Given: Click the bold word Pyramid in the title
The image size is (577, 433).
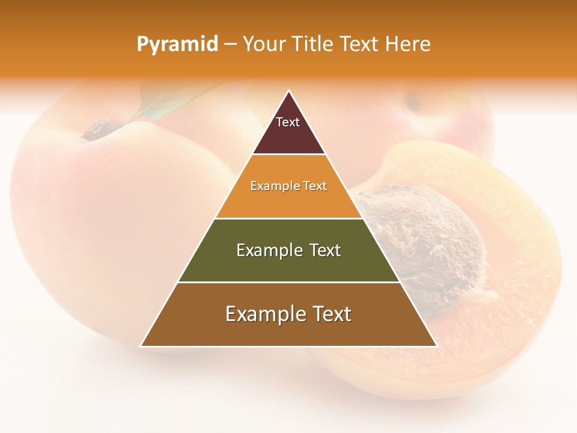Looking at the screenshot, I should tap(177, 44).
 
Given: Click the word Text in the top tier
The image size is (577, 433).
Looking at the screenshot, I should tap(288, 122).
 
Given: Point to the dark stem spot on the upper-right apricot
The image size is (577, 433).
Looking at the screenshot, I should tap(414, 102).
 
